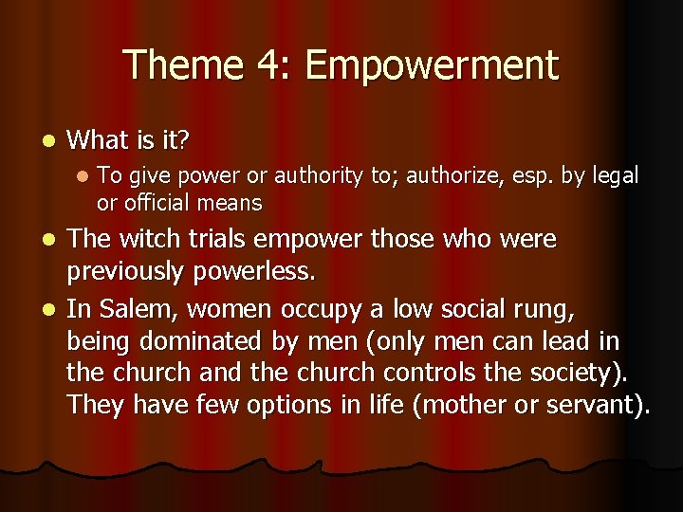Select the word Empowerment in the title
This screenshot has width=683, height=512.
click(x=432, y=65)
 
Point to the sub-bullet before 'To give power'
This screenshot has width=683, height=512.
click(x=83, y=176)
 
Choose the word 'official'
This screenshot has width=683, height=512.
click(x=157, y=203)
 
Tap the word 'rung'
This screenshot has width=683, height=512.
click(x=539, y=310)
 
